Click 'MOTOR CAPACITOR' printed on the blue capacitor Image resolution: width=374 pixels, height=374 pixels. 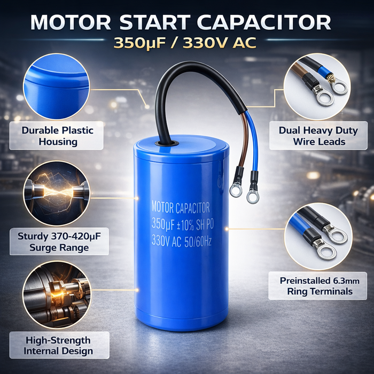[x=181, y=207]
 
